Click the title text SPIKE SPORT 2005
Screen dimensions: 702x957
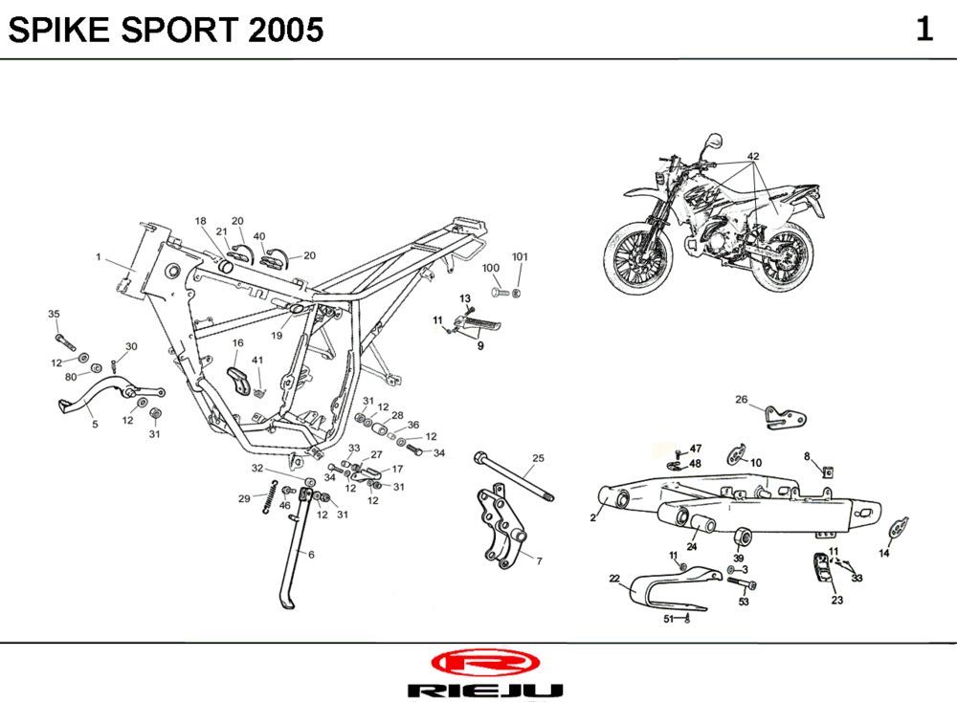(166, 31)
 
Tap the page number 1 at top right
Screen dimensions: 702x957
(924, 30)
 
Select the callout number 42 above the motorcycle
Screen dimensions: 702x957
(753, 156)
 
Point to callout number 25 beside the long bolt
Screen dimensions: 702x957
(538, 459)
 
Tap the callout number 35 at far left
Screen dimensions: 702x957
(54, 314)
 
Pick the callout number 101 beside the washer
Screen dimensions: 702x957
(520, 257)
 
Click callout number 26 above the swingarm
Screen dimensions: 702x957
(741, 399)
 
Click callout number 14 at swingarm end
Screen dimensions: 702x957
(884, 553)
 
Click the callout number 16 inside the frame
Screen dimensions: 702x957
(237, 342)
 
